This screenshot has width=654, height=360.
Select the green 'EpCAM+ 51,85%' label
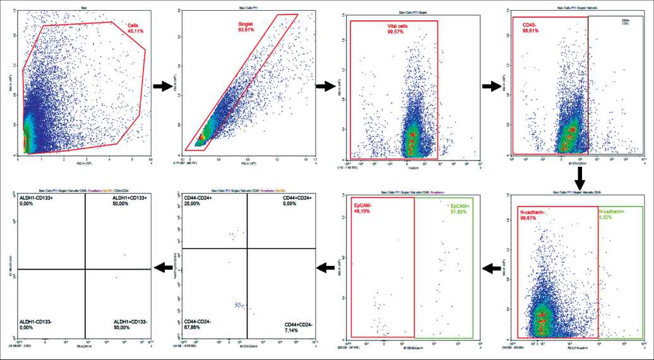pyautogui.click(x=461, y=208)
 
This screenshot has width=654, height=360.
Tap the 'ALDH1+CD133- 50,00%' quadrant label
pyautogui.click(x=128, y=324)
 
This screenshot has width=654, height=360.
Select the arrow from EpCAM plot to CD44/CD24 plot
pyautogui.click(x=324, y=269)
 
